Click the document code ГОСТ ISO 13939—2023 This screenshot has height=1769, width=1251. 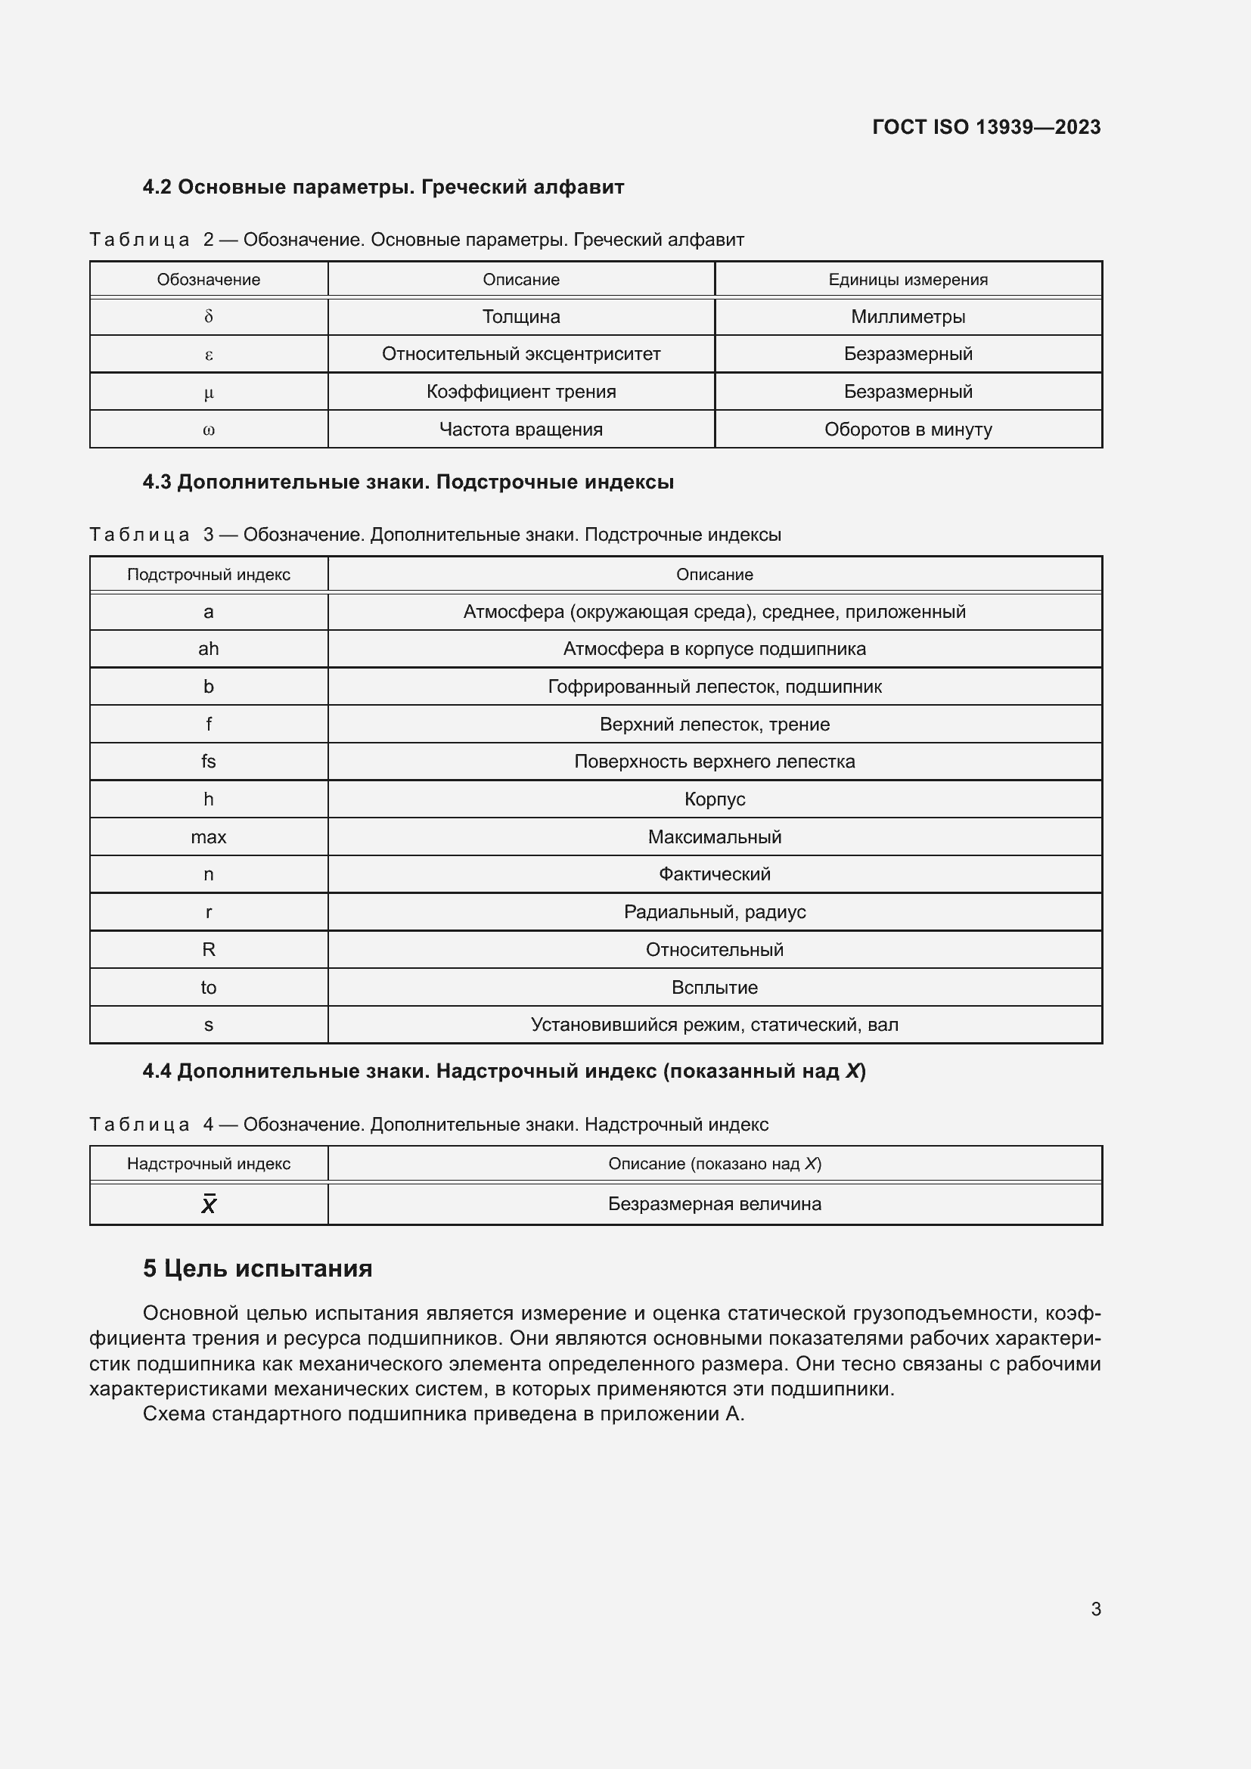pos(986,127)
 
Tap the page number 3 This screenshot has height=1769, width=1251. pos(1095,1609)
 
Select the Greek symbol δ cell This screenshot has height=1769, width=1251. pos(209,317)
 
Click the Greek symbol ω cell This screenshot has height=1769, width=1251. pos(209,429)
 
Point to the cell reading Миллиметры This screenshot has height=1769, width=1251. pos(908,317)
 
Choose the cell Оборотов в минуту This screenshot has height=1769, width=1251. pos(908,429)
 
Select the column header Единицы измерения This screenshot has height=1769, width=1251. pos(908,280)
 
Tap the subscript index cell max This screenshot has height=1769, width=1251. pos(209,836)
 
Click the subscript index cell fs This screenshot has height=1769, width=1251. pos(209,762)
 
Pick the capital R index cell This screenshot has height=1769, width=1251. pos(209,949)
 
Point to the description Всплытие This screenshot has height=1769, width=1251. pos(714,987)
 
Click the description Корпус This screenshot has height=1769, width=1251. pos(714,799)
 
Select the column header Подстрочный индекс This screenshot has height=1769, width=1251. pos(209,574)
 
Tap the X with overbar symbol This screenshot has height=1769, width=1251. pos(209,1204)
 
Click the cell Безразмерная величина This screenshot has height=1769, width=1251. pos(714,1203)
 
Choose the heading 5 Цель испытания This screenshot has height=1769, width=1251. pos(257,1268)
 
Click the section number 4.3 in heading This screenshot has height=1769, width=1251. pos(157,483)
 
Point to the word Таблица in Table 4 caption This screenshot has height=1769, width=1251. pos(139,1124)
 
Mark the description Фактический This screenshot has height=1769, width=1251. pos(714,874)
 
